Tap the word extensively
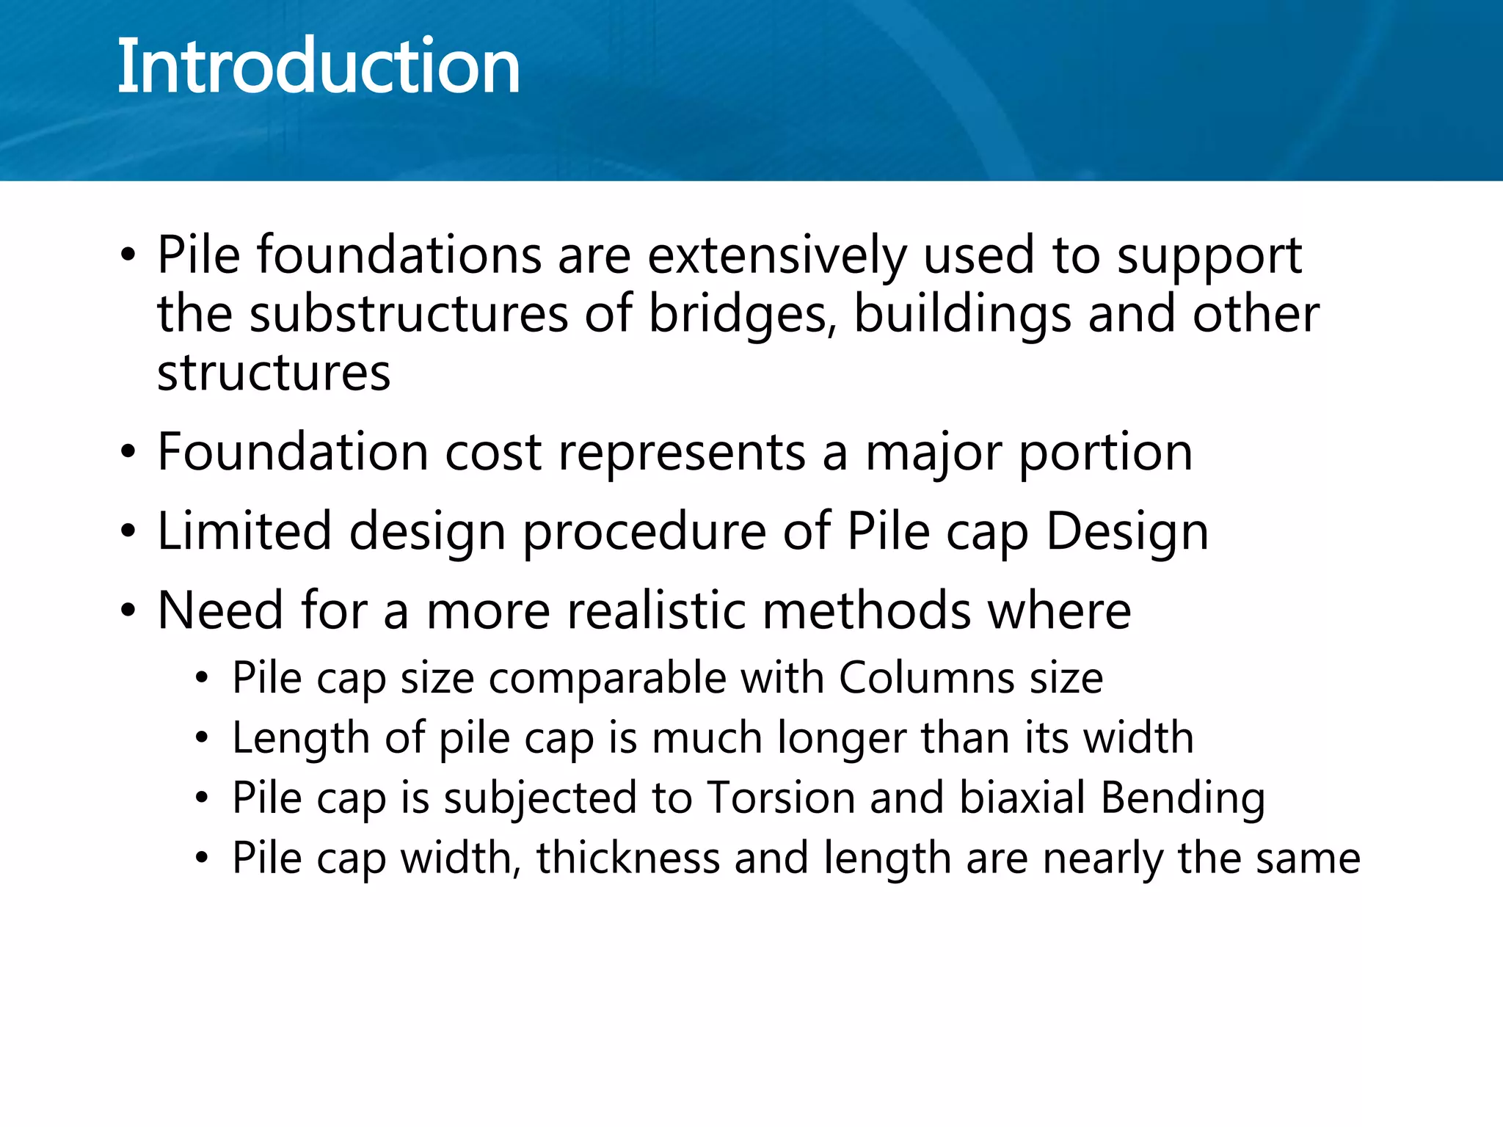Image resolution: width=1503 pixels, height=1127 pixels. point(777,255)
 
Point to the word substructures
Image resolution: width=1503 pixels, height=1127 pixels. point(409,314)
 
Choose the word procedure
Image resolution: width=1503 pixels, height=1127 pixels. point(644,531)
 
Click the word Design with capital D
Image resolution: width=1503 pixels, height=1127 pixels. point(1127,531)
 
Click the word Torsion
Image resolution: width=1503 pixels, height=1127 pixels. point(781,798)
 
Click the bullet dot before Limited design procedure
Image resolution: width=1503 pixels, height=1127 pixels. point(128,531)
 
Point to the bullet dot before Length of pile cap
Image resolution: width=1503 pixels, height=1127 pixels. point(203,738)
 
